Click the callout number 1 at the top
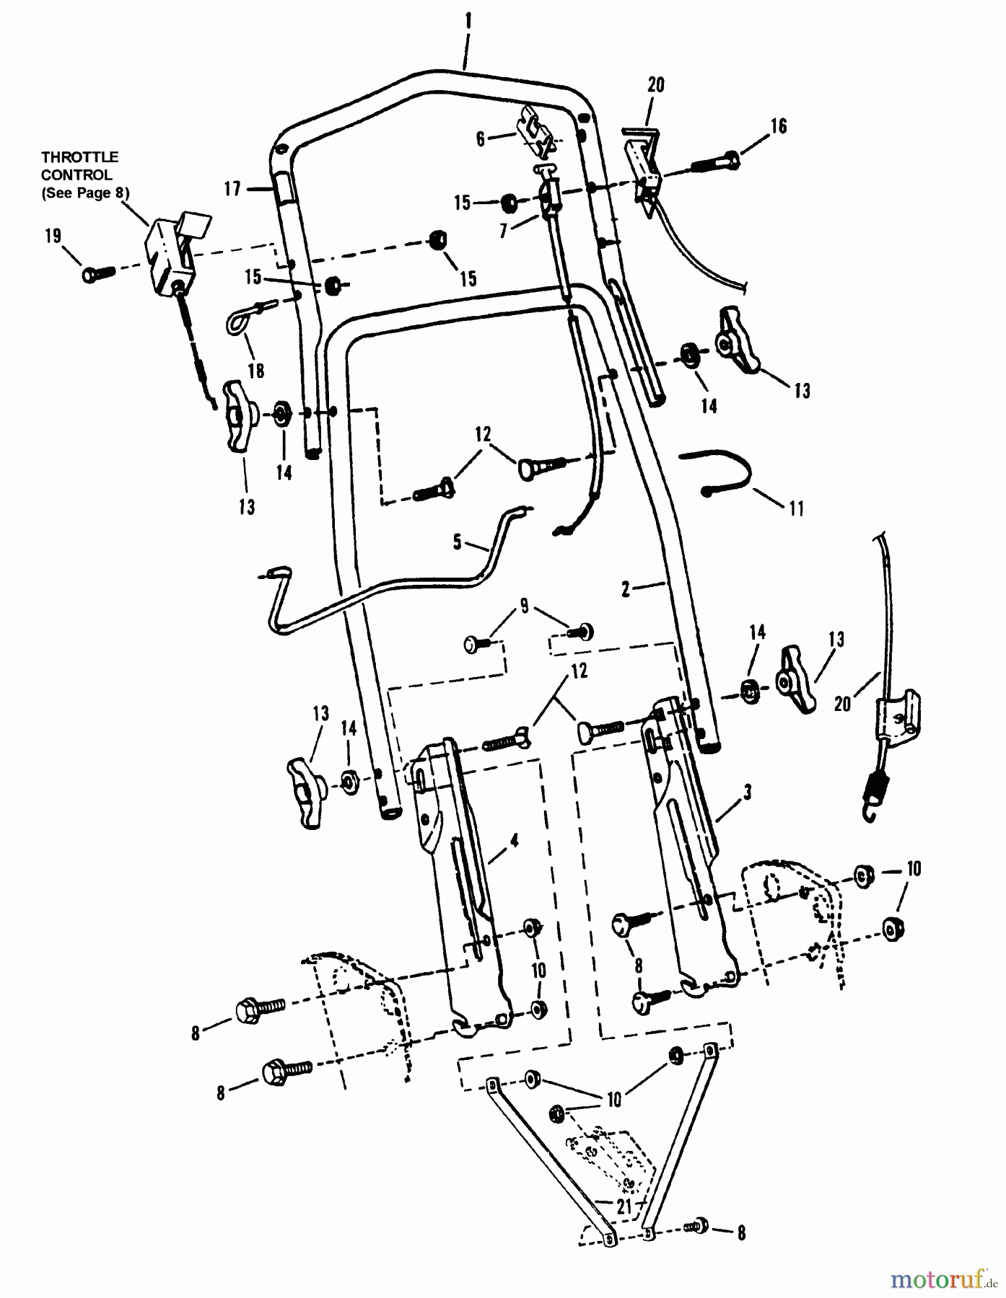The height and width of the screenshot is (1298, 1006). pyautogui.click(x=468, y=22)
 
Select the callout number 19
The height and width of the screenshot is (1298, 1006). pyautogui.click(x=53, y=237)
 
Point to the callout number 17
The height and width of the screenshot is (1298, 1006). pyautogui.click(x=232, y=190)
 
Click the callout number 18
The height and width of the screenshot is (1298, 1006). pyautogui.click(x=256, y=371)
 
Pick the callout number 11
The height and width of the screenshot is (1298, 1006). pyautogui.click(x=796, y=508)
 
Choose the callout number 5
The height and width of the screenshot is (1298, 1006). pyautogui.click(x=458, y=542)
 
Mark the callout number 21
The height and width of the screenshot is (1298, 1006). pyautogui.click(x=625, y=1206)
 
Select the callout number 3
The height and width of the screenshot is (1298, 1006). pyautogui.click(x=747, y=793)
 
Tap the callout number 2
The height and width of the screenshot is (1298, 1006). pyautogui.click(x=626, y=589)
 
